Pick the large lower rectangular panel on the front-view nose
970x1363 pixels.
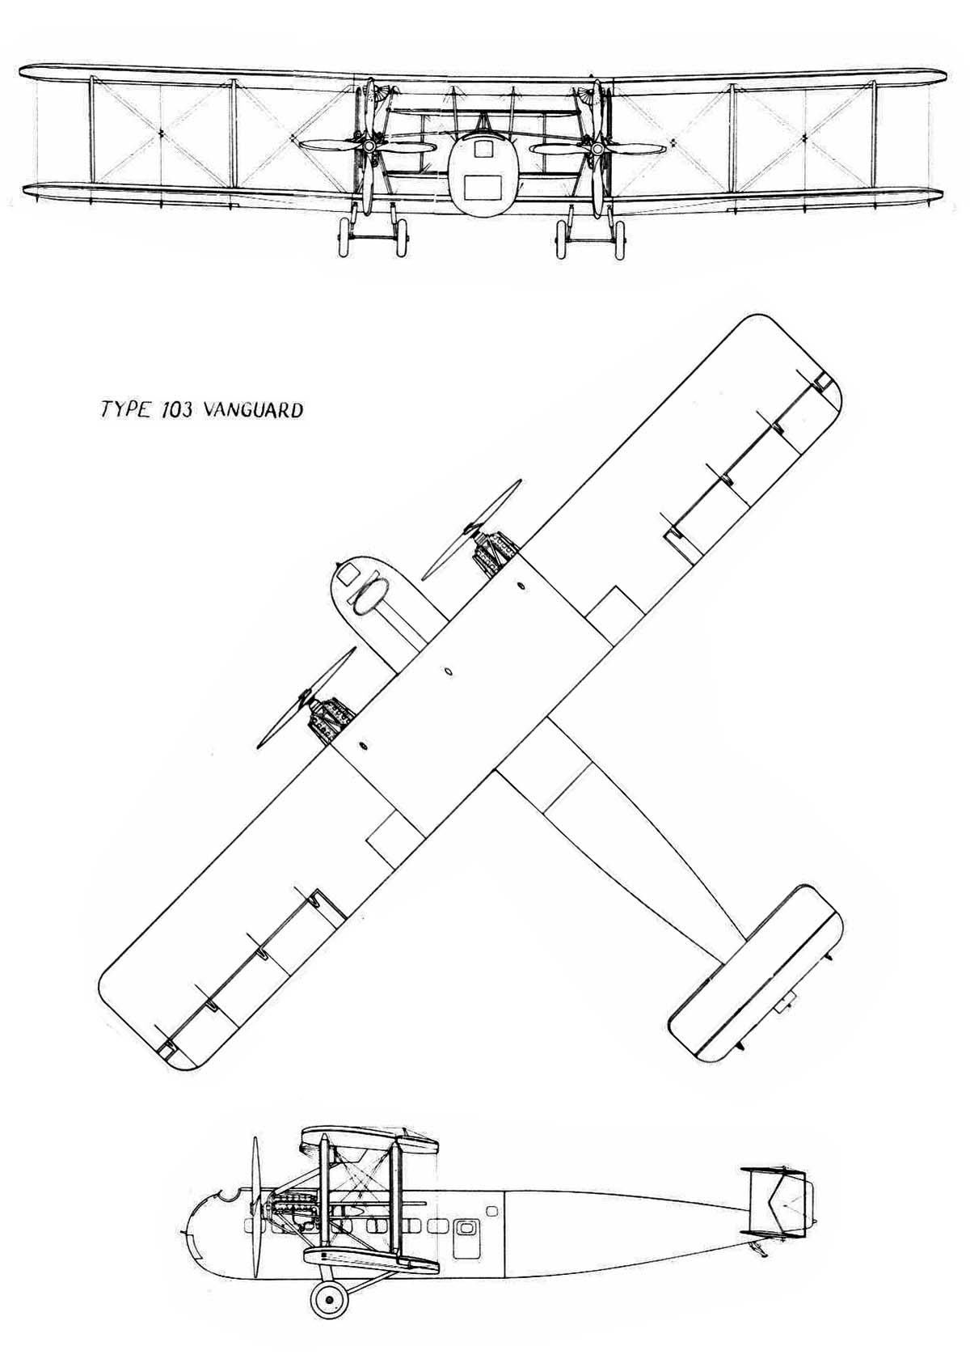[x=483, y=187]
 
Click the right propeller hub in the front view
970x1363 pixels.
[x=598, y=147]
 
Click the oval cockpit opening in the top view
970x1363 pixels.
[x=370, y=595]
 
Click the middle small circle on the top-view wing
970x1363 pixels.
[x=448, y=671]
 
